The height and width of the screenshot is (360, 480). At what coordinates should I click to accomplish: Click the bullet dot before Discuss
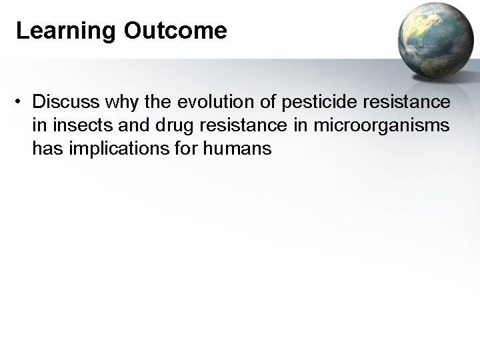click(x=22, y=103)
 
